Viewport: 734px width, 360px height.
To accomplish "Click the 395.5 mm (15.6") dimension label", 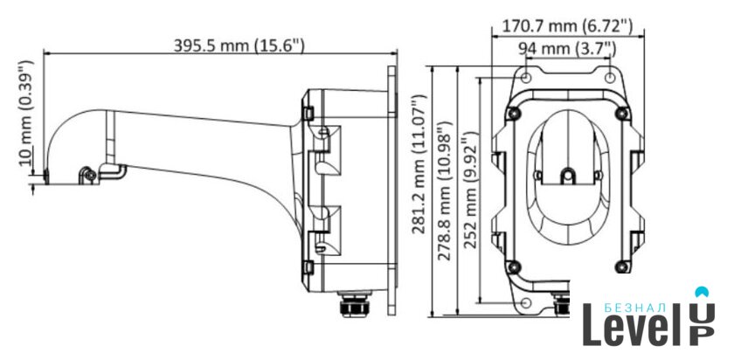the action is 239,45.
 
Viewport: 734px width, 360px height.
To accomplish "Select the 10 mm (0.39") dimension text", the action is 26,113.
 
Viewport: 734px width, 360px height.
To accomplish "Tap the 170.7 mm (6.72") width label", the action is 567,26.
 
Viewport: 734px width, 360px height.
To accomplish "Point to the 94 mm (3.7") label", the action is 567,48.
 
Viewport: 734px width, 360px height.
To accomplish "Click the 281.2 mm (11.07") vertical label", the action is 419,164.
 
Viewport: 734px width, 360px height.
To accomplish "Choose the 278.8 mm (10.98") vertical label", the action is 445,190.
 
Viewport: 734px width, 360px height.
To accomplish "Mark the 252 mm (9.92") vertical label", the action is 471,190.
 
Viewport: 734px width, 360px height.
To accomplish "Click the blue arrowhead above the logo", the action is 702,292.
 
